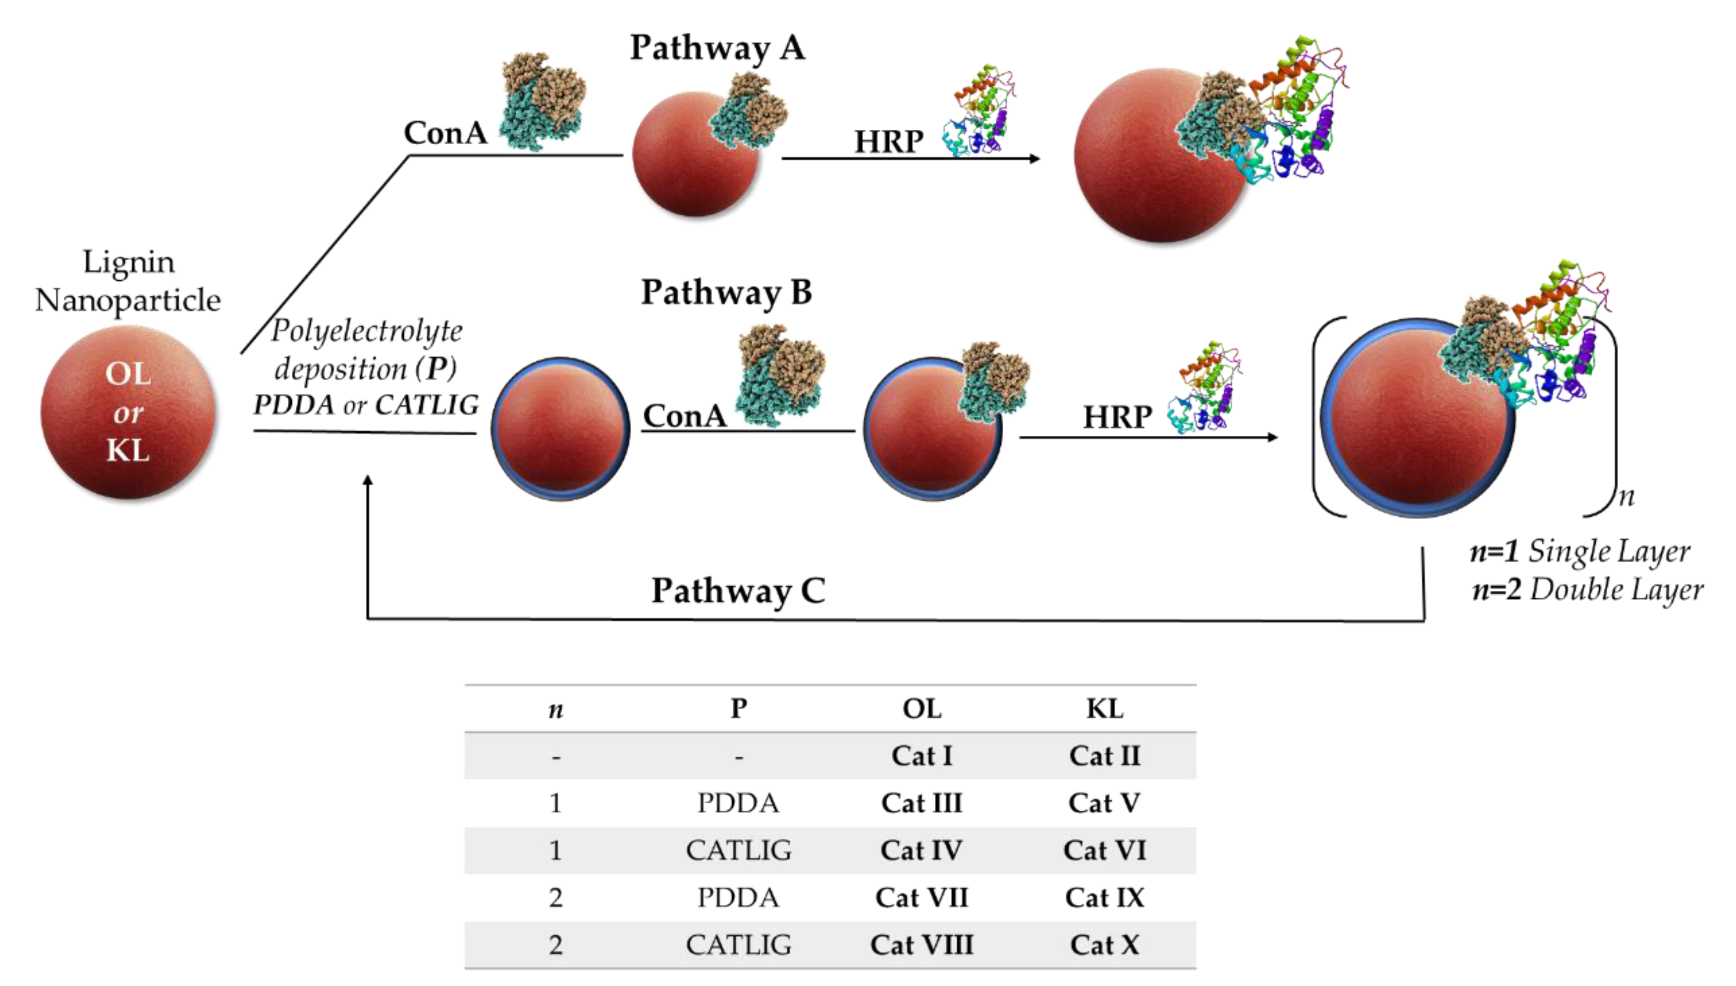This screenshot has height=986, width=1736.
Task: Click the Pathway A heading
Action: coord(717,49)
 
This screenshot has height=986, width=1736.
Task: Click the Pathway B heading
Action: coord(726,293)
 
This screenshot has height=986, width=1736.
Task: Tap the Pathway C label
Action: coord(738,590)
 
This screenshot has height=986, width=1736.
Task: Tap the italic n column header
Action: coord(555,710)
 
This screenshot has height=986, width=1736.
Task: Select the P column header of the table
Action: coord(738,709)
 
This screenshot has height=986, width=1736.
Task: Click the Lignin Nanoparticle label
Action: coord(127,281)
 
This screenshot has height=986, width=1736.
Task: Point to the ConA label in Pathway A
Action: coord(445,133)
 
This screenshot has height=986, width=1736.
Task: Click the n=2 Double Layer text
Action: coord(1587,590)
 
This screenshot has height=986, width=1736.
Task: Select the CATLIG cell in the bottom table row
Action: coord(738,945)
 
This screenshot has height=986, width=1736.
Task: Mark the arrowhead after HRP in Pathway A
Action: coord(1034,158)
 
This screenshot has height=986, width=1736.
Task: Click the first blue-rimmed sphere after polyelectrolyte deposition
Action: coord(560,429)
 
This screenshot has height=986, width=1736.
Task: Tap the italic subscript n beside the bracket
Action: coord(1627,498)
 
